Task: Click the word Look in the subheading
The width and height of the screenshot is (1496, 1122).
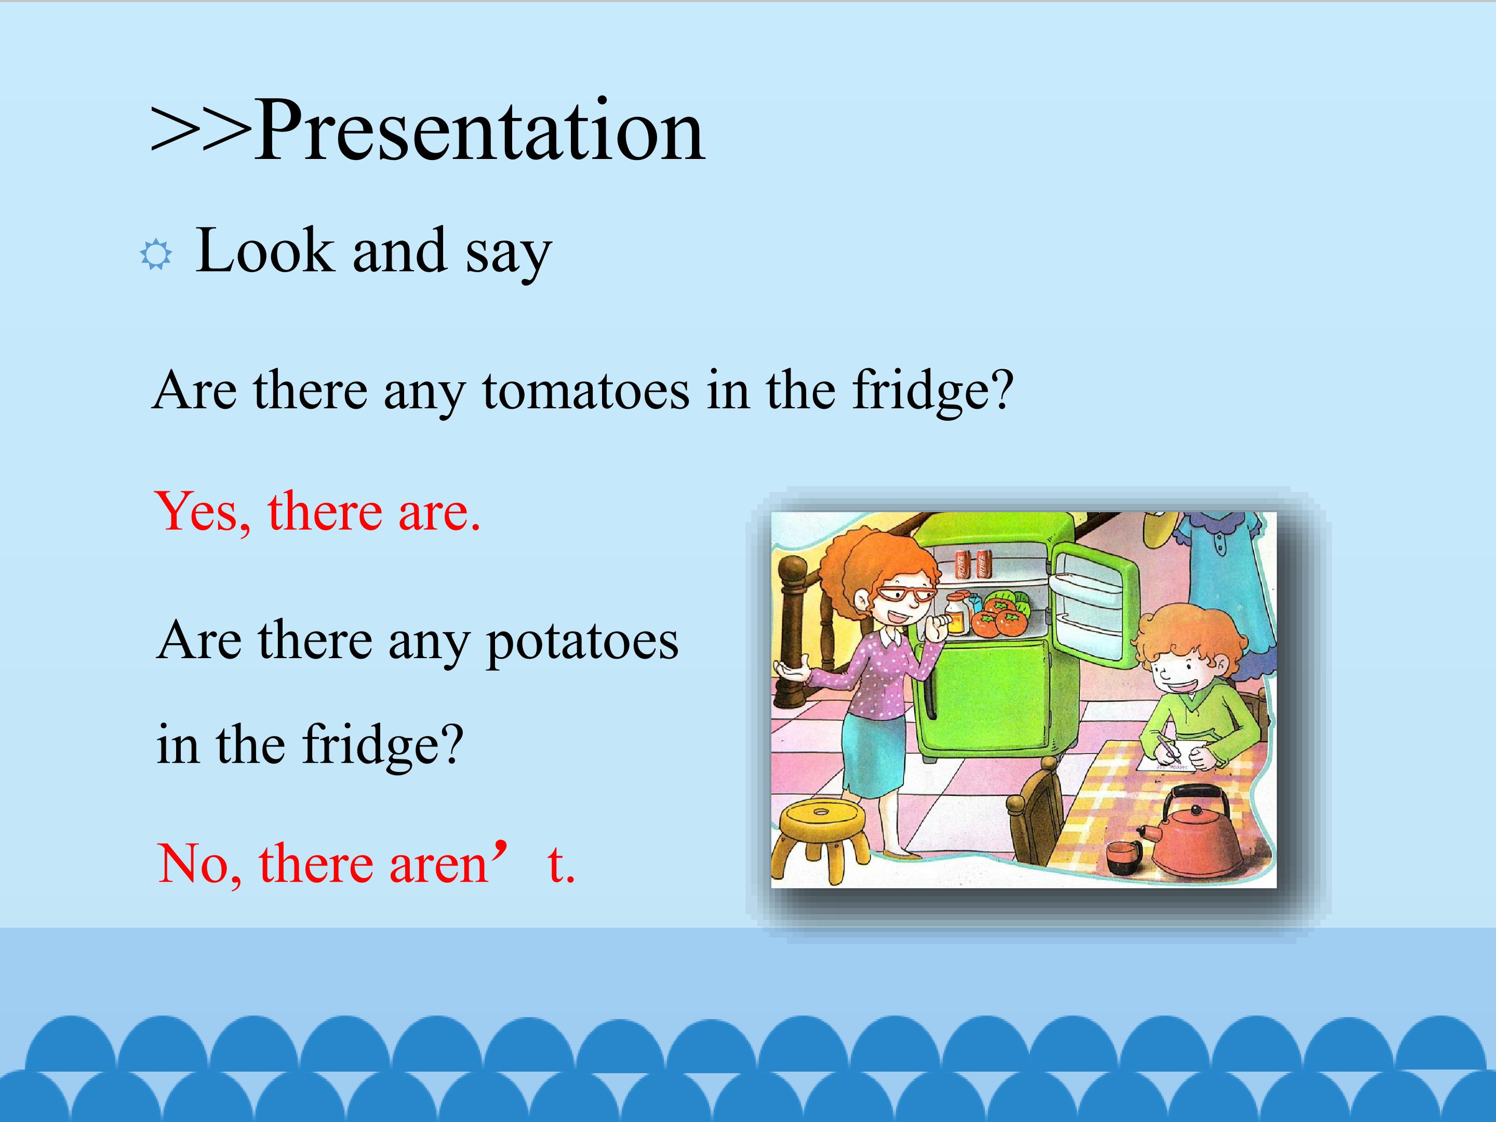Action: [264, 250]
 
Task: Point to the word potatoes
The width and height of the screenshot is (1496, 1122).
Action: [582, 640]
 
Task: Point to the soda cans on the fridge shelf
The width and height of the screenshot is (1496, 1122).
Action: [972, 564]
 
